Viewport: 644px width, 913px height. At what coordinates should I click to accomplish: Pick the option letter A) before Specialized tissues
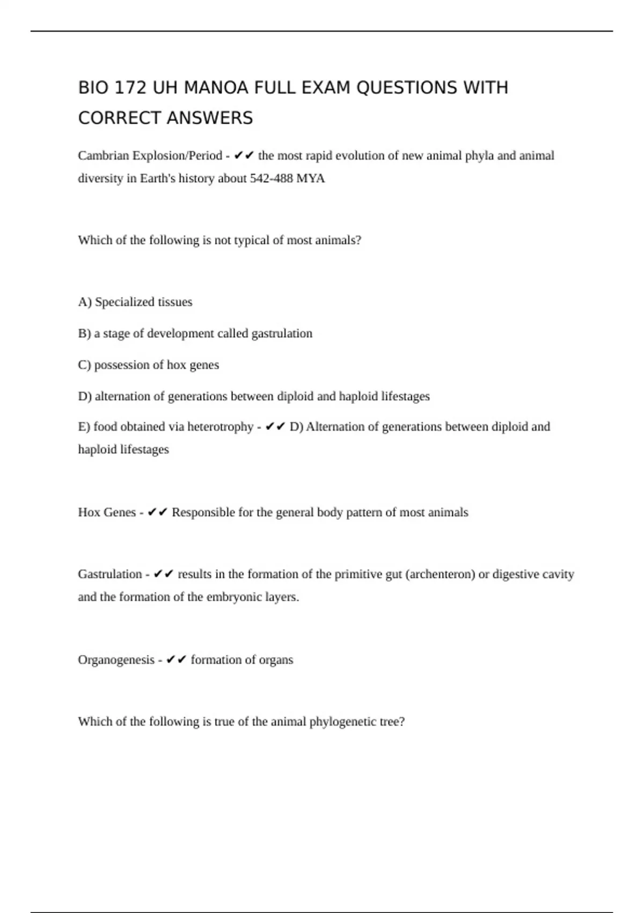[85, 302]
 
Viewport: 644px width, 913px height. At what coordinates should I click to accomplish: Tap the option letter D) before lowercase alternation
[85, 396]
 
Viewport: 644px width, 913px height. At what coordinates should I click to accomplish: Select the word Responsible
[203, 512]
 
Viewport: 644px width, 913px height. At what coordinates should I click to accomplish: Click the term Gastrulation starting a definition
[110, 574]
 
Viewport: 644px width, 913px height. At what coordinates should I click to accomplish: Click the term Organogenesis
[116, 660]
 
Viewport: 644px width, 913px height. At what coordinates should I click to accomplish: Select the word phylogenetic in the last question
[343, 722]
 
